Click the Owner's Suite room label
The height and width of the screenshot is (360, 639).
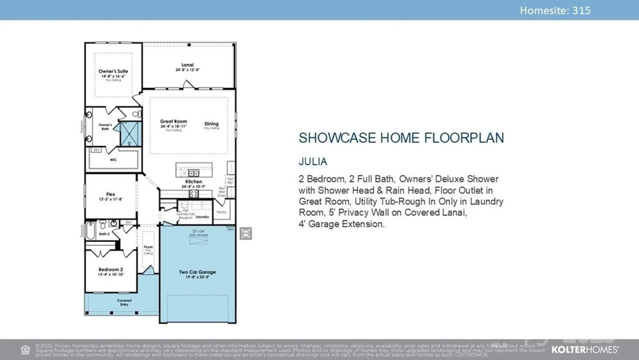click(x=113, y=71)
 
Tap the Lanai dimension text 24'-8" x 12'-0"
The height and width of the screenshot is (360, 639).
click(x=188, y=70)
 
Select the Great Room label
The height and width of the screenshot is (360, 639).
click(x=173, y=121)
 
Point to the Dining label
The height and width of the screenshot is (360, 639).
click(x=212, y=124)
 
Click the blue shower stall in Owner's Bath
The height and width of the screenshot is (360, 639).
click(x=130, y=134)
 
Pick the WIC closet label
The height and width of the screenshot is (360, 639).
click(x=113, y=160)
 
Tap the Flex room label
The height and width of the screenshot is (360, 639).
click(x=111, y=194)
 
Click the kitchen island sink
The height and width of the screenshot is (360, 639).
click(x=194, y=173)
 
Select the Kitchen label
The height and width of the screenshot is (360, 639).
click(x=194, y=181)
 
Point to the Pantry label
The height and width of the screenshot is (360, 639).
click(x=221, y=212)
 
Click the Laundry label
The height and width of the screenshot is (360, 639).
click(x=202, y=217)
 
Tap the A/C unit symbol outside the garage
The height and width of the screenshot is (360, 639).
click(x=246, y=234)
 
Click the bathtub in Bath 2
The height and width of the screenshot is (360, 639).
click(x=90, y=231)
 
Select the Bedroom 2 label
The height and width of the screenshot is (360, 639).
click(x=111, y=270)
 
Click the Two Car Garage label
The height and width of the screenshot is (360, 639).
click(x=197, y=272)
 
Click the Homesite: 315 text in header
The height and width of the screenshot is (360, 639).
click(x=555, y=11)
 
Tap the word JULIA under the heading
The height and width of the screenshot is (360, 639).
click(x=313, y=162)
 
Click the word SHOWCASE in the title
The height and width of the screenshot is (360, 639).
click(x=337, y=138)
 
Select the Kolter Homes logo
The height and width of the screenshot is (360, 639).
click(x=585, y=349)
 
